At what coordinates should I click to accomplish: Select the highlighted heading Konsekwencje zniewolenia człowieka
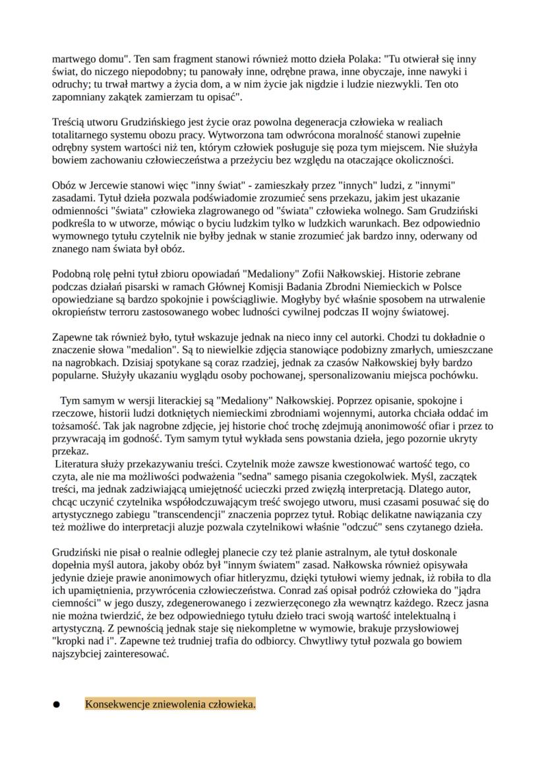click(x=170, y=705)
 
